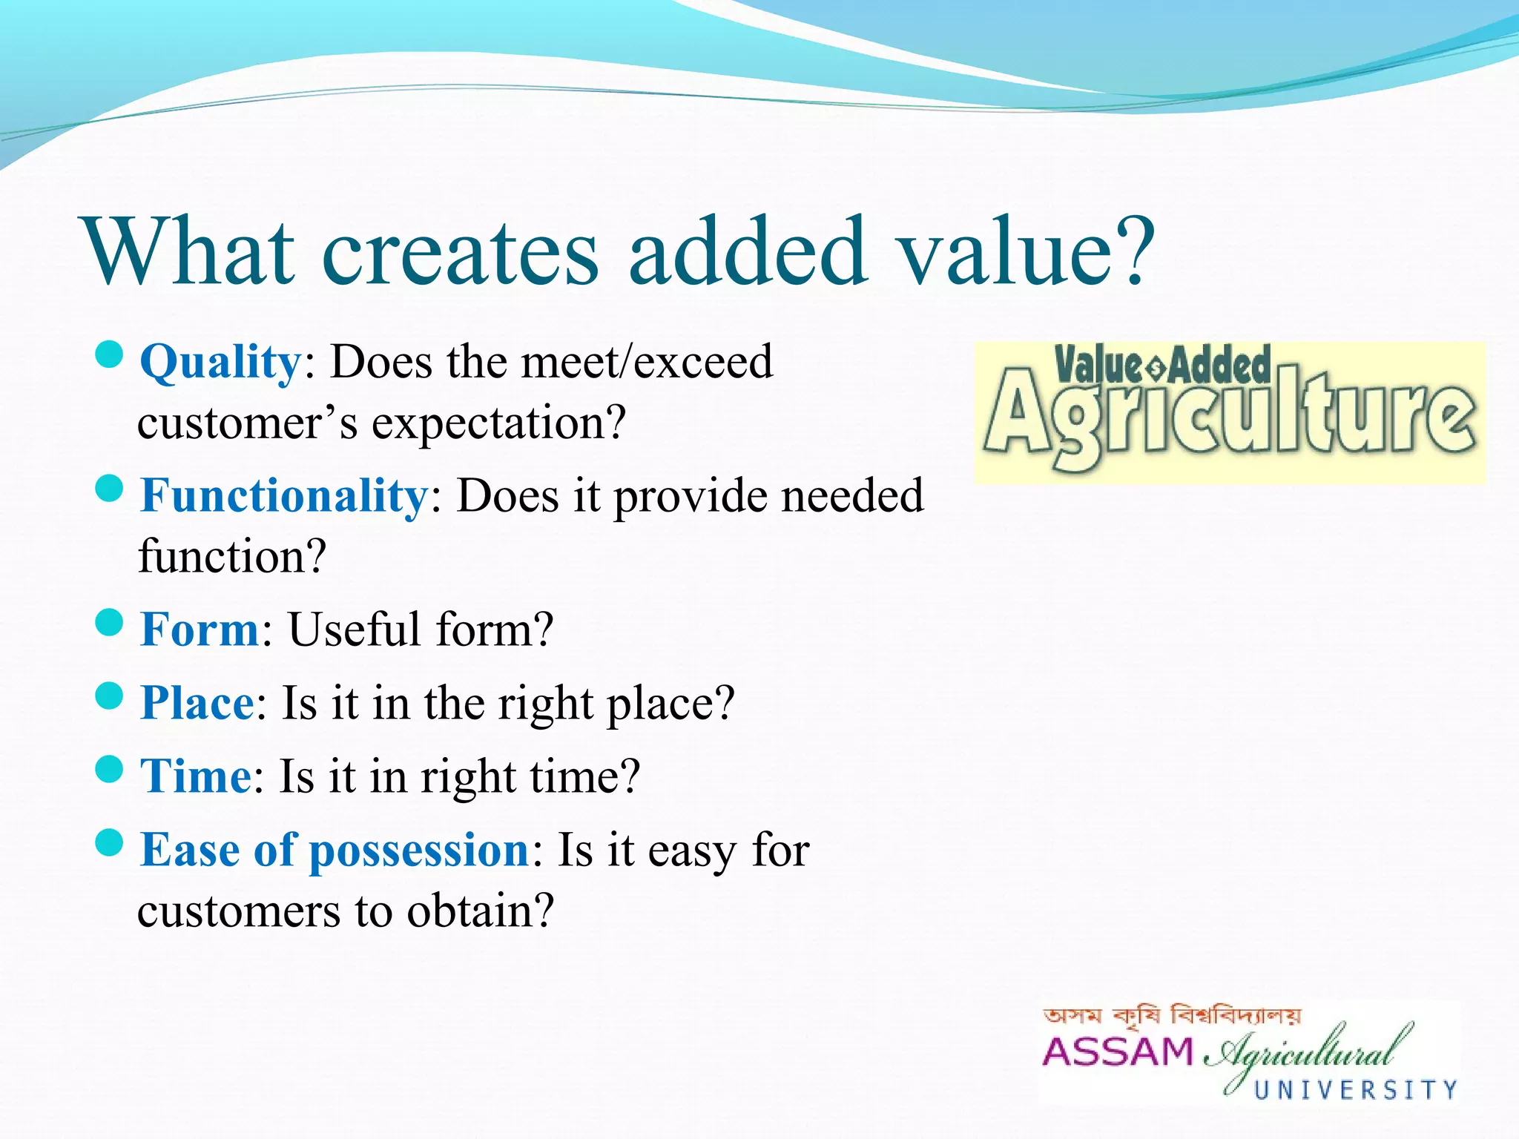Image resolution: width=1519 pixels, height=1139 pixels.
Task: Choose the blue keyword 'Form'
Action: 199,630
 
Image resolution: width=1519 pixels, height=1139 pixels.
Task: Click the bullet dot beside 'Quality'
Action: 109,354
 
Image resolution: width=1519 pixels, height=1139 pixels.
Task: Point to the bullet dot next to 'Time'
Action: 109,769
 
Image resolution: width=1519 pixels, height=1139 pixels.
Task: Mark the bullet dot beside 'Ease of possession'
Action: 109,842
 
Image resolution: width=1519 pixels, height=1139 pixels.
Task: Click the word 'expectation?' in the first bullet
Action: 498,424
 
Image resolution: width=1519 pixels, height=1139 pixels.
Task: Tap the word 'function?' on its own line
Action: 232,556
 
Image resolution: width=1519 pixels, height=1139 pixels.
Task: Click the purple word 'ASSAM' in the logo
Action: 1117,1051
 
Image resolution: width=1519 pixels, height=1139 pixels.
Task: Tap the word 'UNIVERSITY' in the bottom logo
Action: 1356,1090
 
